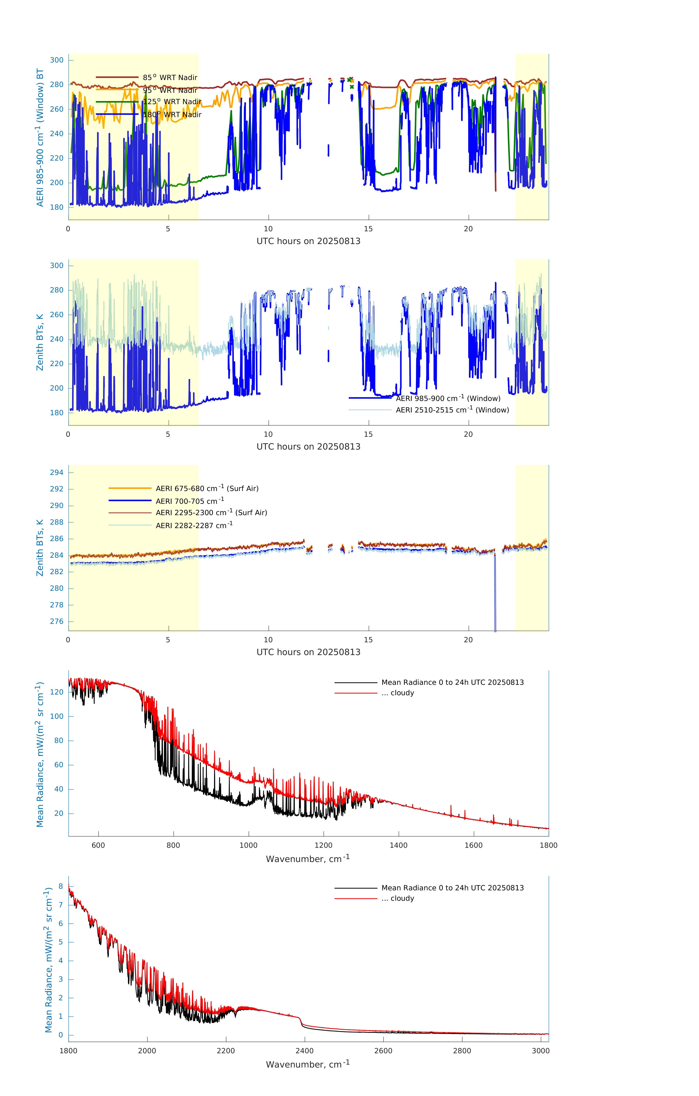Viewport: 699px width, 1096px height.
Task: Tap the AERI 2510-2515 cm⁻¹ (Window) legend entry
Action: (452, 410)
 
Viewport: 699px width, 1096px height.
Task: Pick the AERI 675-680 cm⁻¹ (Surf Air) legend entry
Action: (207, 488)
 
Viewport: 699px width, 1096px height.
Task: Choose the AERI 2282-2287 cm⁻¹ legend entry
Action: (194, 525)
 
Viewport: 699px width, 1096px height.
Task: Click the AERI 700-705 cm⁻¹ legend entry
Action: (190, 501)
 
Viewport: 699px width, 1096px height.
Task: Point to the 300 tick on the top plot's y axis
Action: (57, 60)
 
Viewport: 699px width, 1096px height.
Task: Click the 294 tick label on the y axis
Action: (57, 472)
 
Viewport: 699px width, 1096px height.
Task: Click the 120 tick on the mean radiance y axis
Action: (57, 692)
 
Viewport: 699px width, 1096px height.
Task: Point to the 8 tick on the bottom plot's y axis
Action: (60, 886)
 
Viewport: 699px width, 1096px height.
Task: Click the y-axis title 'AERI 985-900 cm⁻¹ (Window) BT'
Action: (40, 137)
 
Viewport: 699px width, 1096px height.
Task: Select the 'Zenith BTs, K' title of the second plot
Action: (40, 342)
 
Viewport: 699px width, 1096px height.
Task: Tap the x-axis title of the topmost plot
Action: (308, 241)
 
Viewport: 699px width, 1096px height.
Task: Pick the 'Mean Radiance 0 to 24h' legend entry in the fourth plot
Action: (452, 682)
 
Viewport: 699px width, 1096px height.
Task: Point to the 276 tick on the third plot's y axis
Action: (57, 621)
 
